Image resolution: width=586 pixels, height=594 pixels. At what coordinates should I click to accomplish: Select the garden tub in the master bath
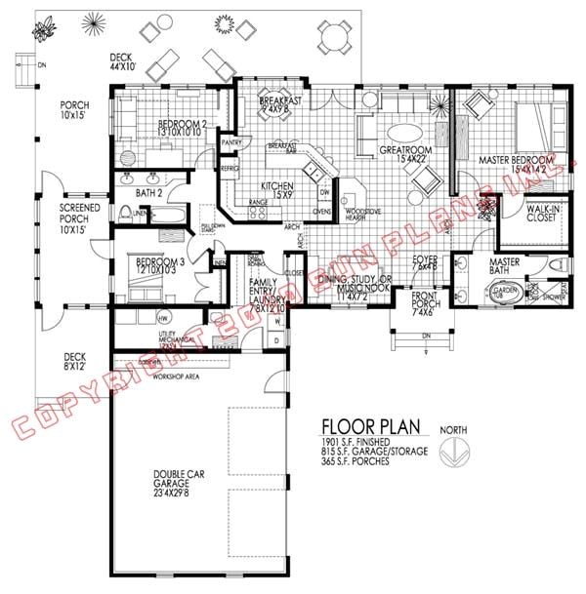point(504,294)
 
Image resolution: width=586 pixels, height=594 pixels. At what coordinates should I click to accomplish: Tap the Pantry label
point(231,142)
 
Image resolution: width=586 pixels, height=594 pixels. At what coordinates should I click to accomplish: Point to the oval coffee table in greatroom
point(409,133)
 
